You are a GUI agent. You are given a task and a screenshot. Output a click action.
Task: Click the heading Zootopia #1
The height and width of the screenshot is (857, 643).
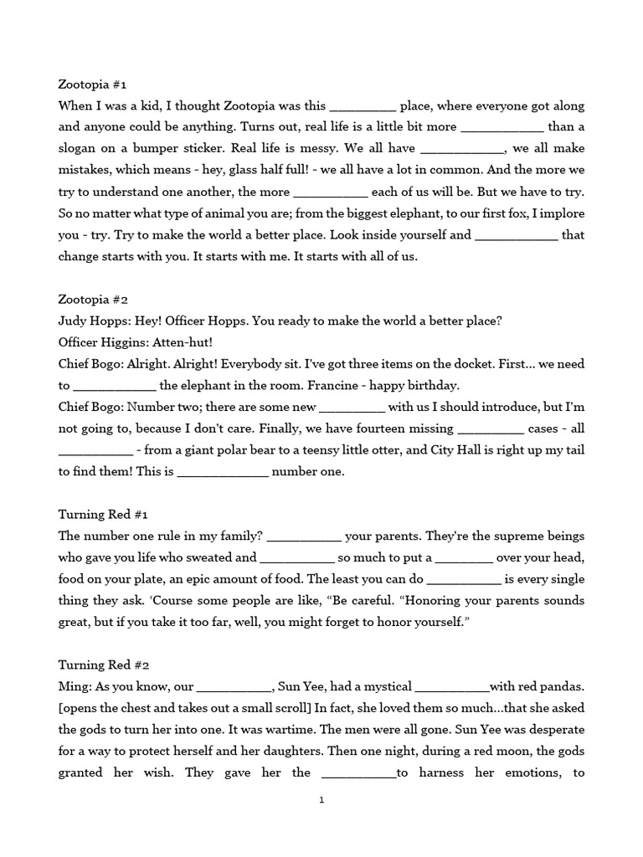(92, 85)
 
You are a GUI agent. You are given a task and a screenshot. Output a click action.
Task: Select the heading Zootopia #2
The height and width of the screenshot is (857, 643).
(93, 300)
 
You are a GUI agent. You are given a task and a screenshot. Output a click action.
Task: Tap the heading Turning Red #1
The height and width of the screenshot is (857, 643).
(103, 514)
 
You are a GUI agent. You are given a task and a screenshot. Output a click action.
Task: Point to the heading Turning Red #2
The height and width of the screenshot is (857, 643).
(104, 665)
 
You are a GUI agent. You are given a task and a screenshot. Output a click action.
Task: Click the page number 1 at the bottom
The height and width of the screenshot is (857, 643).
(321, 800)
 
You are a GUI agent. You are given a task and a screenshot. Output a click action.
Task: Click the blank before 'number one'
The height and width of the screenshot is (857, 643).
(223, 472)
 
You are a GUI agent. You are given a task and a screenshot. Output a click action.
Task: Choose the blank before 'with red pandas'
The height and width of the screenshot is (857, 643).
(452, 687)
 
